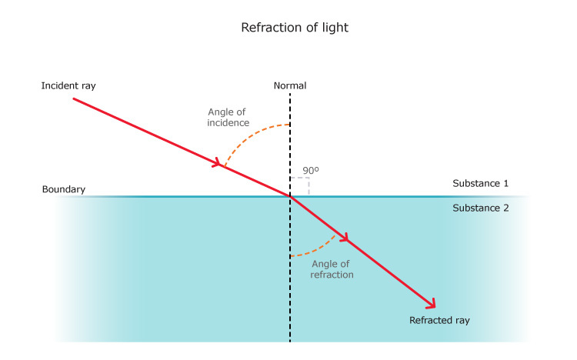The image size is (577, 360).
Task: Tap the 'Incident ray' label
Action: [68, 85]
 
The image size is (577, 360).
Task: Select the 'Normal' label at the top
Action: [290, 85]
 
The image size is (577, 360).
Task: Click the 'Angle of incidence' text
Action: [227, 117]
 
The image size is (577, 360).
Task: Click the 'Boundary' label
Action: [64, 189]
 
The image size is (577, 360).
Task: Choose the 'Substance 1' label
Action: [480, 184]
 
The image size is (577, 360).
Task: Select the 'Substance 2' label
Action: [480, 208]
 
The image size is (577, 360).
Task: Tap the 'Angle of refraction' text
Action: [332, 269]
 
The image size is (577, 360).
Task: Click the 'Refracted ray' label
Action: [439, 319]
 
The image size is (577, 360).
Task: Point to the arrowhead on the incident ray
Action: [218, 163]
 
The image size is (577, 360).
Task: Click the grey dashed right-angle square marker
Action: [300, 186]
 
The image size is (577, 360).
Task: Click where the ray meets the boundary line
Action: [290, 196]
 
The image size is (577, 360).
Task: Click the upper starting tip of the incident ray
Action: [74, 99]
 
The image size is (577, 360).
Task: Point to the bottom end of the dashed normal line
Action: [290, 341]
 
